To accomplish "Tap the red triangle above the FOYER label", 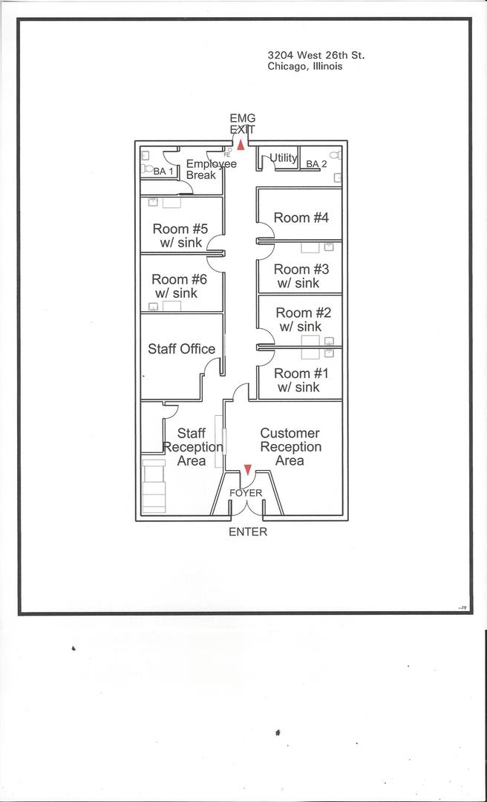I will coord(248,469).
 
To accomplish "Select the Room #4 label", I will coord(301,218).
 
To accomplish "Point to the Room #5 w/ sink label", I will coord(180,235).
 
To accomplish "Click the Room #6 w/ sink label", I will coord(179,286).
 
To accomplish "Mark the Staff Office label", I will coord(181,348).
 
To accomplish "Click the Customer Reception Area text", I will coord(290,446).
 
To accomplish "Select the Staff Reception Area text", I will coord(192,446).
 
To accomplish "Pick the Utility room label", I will coord(283,157).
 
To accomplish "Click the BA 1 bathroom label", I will coord(163,172).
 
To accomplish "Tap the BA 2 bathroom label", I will coord(316,164).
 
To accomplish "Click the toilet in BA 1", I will coord(147,169).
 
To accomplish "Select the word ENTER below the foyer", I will coord(247,532).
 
